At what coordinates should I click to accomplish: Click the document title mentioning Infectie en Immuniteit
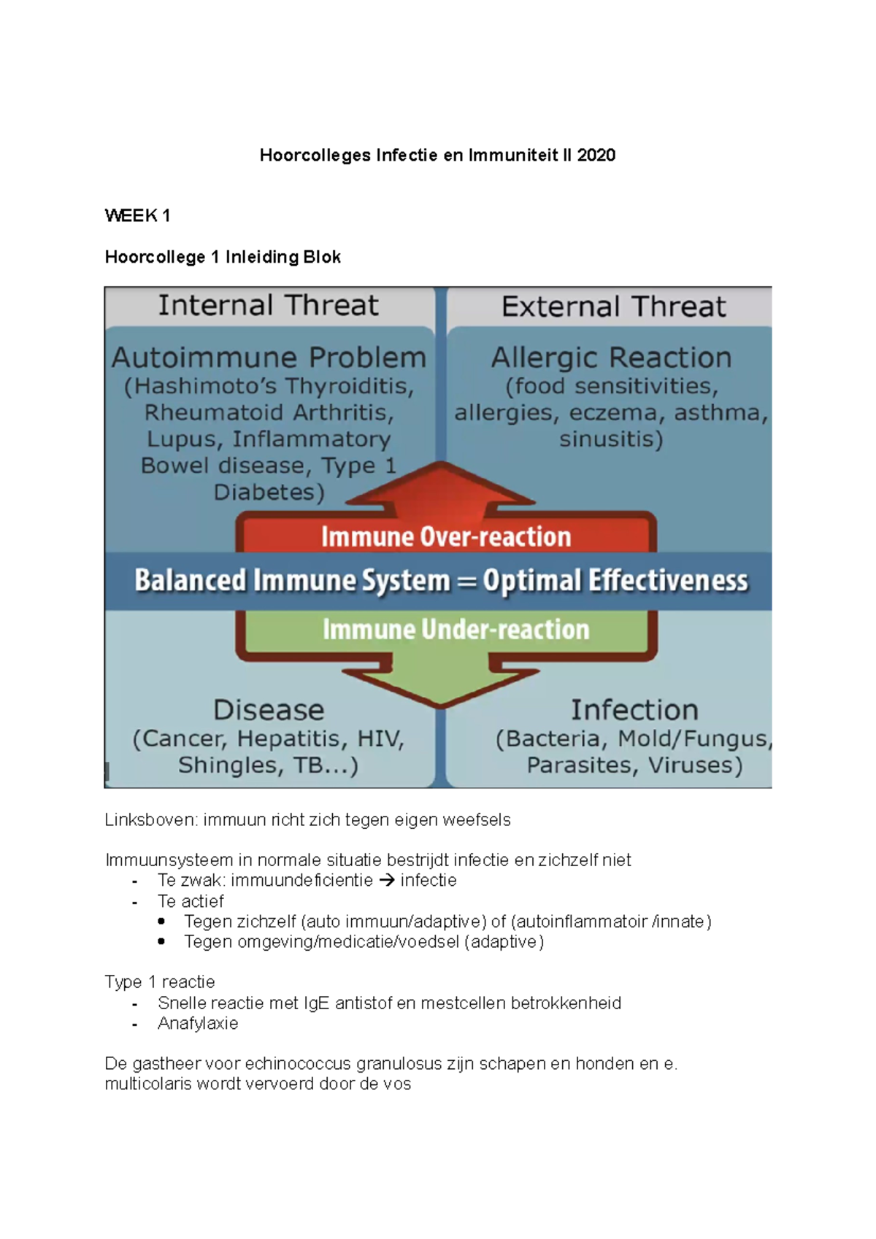pyautogui.click(x=437, y=155)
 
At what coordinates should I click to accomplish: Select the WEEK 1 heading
pyautogui.click(x=137, y=215)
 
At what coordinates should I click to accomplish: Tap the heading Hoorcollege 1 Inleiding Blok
pyautogui.click(x=223, y=257)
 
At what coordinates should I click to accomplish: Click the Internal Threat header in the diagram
pyautogui.click(x=268, y=306)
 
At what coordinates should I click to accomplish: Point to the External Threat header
pyautogui.click(x=613, y=306)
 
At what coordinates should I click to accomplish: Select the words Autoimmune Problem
pyautogui.click(x=269, y=358)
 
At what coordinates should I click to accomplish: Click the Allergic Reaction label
pyautogui.click(x=611, y=358)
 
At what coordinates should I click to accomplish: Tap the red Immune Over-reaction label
pyautogui.click(x=446, y=537)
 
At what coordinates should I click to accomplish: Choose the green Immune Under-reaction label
pyautogui.click(x=456, y=630)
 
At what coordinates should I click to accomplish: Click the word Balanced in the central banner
pyautogui.click(x=191, y=581)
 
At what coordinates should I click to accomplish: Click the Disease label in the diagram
pyautogui.click(x=269, y=710)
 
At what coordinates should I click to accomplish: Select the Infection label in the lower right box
pyautogui.click(x=634, y=710)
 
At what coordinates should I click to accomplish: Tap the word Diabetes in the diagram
pyautogui.click(x=267, y=493)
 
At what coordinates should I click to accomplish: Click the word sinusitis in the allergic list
pyautogui.click(x=611, y=439)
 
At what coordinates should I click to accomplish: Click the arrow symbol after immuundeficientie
pyautogui.click(x=387, y=881)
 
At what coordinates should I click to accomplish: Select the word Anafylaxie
pyautogui.click(x=198, y=1024)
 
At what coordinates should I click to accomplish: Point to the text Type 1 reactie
pyautogui.click(x=160, y=982)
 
